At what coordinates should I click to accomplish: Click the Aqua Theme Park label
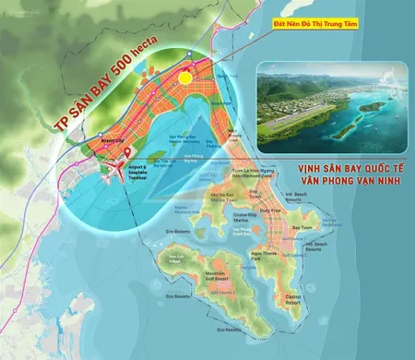[266, 256]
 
